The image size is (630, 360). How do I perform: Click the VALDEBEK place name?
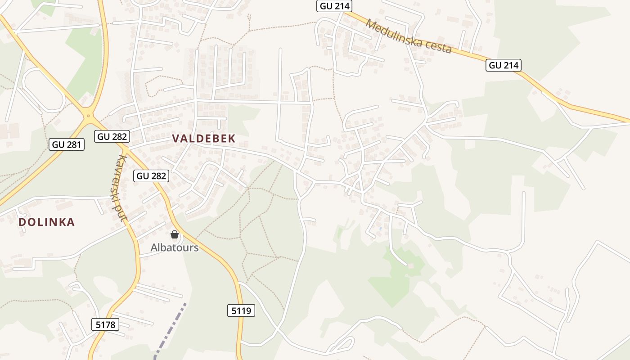click(204, 139)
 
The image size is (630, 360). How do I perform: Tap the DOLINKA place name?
click(46, 222)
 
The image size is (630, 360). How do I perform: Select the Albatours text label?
click(175, 247)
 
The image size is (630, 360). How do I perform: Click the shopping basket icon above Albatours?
click(175, 234)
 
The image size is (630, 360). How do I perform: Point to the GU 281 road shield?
click(67, 144)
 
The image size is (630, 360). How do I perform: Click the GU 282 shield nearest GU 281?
click(112, 136)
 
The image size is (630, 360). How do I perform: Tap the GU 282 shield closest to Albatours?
click(151, 176)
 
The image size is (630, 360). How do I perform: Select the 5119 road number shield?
click(241, 310)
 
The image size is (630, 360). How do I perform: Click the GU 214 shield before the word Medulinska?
click(334, 6)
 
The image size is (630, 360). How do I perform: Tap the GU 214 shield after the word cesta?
click(504, 65)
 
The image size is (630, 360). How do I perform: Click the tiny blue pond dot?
click(381, 229)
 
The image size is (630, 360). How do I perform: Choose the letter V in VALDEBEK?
click(176, 139)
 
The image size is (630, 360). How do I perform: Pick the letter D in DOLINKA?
click(22, 222)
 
